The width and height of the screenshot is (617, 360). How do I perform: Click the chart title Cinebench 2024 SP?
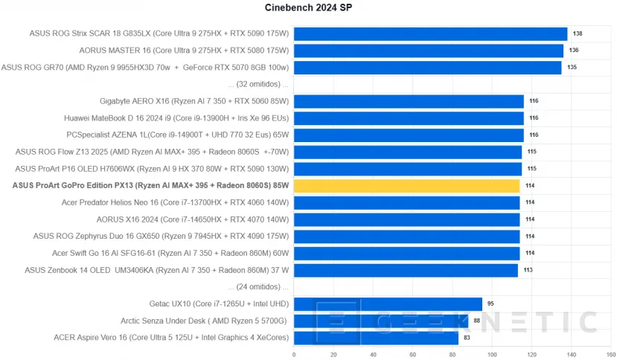click(309, 8)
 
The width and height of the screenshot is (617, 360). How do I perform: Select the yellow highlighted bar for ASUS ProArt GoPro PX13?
click(406, 186)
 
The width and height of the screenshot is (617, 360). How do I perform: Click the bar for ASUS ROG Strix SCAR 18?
click(430, 33)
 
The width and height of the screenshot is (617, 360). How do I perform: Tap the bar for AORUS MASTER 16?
click(428, 51)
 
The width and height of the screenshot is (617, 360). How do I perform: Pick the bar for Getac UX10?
click(388, 303)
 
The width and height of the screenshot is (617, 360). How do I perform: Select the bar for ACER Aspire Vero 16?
click(376, 338)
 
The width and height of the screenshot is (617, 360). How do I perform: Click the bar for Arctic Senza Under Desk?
click(381, 321)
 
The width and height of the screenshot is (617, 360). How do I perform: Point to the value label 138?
click(577, 34)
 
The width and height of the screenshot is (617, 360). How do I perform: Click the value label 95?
click(491, 304)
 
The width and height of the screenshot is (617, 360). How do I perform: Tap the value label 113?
click(528, 270)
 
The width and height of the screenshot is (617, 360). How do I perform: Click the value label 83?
click(467, 338)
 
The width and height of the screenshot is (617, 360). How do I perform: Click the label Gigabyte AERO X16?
click(194, 101)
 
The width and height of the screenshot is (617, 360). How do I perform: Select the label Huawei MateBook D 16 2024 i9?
click(176, 118)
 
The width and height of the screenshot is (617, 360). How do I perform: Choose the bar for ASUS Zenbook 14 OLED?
click(406, 270)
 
